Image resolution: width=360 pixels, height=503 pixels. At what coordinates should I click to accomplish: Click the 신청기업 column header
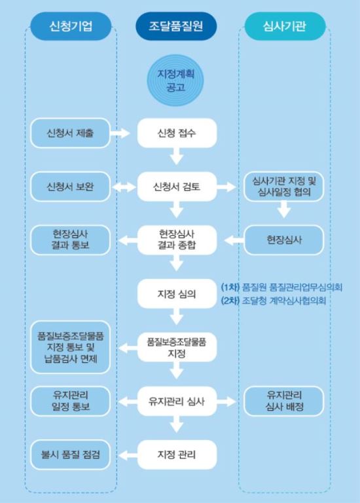[x=71, y=26]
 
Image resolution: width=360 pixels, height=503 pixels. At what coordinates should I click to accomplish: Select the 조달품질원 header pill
[x=176, y=26]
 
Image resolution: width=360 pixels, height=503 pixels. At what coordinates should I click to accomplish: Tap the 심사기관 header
[x=285, y=26]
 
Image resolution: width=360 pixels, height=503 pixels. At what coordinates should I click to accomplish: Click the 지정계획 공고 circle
[x=175, y=81]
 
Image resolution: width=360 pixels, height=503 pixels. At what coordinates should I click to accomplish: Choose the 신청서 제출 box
[x=70, y=133]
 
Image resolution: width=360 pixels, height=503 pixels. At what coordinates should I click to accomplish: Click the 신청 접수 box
[x=177, y=133]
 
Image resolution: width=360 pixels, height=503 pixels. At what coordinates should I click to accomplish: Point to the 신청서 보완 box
[x=70, y=187]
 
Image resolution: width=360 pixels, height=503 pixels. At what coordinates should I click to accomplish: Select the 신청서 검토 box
[x=177, y=187]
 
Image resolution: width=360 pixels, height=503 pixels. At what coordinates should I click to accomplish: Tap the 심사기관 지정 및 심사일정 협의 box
[x=284, y=187]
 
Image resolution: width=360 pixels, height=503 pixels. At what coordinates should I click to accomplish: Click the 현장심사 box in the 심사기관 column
[x=284, y=240]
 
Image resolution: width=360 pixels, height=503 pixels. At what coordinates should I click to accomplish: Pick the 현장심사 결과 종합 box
[x=177, y=240]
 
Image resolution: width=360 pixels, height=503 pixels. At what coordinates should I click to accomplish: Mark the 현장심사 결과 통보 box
[x=70, y=240]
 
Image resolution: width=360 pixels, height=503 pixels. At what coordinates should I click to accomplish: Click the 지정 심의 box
[x=177, y=294]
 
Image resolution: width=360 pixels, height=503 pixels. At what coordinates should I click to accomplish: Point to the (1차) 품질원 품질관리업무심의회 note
[x=281, y=287]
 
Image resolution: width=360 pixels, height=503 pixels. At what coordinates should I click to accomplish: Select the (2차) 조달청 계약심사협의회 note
[x=274, y=301]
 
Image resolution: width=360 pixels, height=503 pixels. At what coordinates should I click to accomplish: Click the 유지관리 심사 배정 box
[x=284, y=401]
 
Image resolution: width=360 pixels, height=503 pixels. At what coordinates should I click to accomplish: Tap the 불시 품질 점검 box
[x=70, y=455]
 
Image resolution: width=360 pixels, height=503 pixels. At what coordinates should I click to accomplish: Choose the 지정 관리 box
[x=177, y=455]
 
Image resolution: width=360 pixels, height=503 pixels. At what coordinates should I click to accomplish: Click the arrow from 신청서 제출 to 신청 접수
[x=120, y=133]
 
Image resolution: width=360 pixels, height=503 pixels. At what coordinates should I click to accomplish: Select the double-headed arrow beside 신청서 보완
[x=124, y=187]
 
